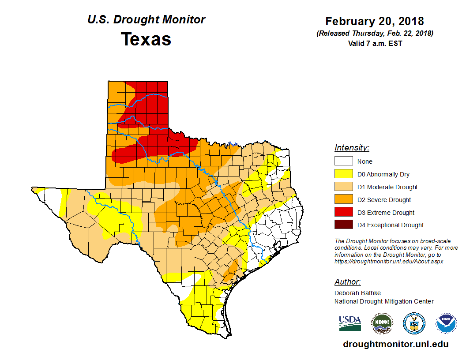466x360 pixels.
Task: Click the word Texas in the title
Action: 146,39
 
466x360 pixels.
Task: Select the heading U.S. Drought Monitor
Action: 146,20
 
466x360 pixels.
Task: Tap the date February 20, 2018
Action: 375,21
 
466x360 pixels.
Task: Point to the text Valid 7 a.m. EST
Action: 375,43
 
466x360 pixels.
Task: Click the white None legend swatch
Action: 343,161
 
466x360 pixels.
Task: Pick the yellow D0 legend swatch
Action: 343,174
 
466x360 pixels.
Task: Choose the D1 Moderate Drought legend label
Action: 387,187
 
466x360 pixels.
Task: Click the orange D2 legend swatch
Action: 343,200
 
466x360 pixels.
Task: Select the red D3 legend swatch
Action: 343,213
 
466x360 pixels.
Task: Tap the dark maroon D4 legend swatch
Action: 343,225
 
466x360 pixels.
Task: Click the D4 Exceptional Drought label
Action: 391,225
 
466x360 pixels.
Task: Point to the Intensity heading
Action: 352,148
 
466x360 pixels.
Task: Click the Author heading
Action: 347,282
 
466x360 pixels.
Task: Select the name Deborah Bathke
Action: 357,293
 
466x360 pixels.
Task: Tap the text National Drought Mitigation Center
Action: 384,301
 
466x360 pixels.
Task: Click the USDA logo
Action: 350,323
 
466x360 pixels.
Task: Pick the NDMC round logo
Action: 382,323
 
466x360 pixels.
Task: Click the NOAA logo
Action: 446,323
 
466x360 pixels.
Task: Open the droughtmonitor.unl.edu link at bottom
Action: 396,345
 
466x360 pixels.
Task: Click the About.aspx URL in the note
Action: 388,261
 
